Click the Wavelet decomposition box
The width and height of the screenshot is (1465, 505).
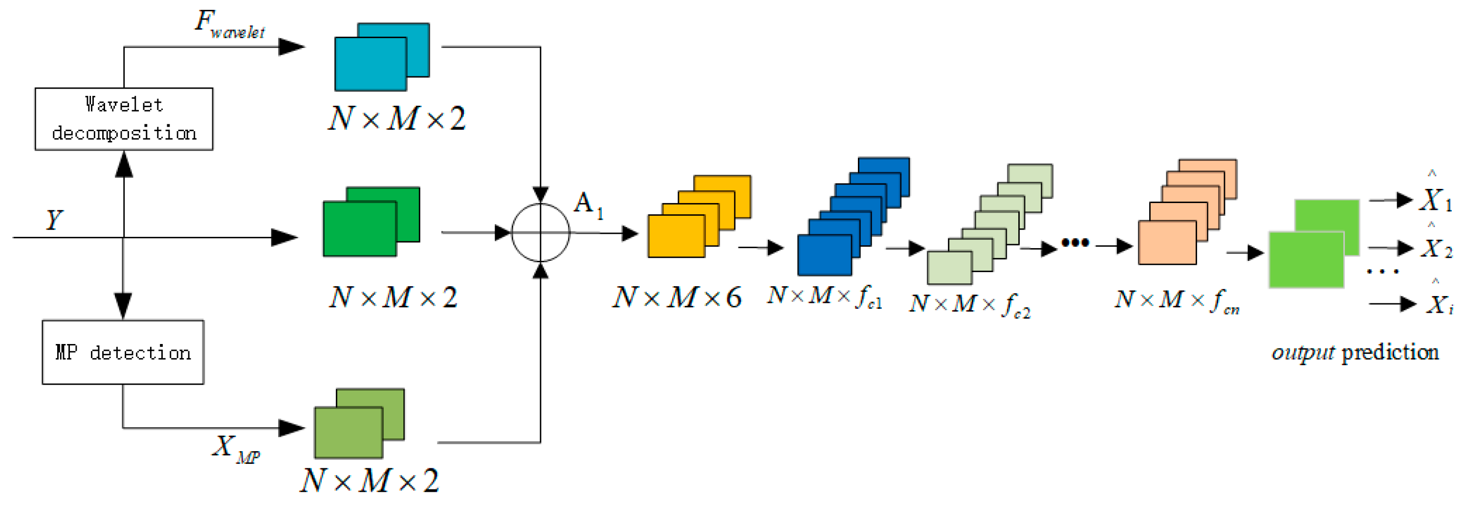124,119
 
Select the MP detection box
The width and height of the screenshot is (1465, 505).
123,352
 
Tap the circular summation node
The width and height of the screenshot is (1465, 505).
540,233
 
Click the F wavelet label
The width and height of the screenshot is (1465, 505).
230,24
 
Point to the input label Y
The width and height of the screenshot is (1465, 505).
54,220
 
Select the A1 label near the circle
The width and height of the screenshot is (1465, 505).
588,205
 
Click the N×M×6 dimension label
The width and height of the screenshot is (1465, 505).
677,298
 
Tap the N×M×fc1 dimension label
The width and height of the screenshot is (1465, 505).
825,297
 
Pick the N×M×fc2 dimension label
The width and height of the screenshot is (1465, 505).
970,304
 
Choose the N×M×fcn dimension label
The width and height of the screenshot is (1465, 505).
1177,300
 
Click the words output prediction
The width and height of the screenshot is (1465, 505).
1355,353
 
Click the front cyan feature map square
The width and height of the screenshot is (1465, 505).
370,64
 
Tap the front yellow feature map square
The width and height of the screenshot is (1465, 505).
676,236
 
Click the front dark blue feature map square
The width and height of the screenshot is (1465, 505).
824,255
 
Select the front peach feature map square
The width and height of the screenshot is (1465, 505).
1167,243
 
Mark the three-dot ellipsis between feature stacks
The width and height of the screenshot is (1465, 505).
1075,243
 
